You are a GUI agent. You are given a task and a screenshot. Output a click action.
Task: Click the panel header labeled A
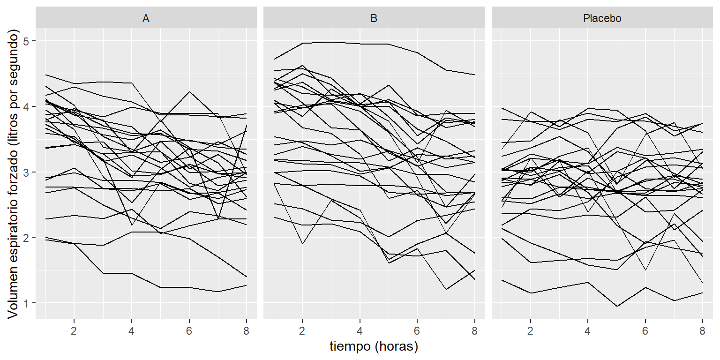click(146, 19)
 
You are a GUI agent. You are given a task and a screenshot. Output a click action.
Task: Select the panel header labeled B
click(374, 19)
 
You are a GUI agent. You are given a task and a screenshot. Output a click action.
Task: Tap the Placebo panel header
click(602, 19)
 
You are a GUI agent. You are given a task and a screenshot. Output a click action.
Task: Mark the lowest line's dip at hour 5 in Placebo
click(616, 307)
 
